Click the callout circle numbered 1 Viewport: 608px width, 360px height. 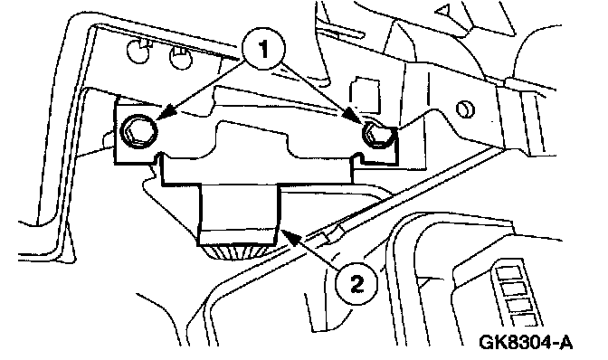[263, 49]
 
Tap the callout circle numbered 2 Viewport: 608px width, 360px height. [356, 284]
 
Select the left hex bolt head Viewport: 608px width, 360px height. [138, 132]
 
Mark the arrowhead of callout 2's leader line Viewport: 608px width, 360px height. [290, 235]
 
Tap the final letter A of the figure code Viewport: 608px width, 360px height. [565, 342]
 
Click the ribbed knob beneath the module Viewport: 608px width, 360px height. [236, 252]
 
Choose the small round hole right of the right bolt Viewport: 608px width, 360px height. [465, 109]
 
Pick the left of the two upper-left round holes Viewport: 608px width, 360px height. [138, 52]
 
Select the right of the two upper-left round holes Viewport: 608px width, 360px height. [181, 57]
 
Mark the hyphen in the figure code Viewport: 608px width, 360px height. [554, 344]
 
